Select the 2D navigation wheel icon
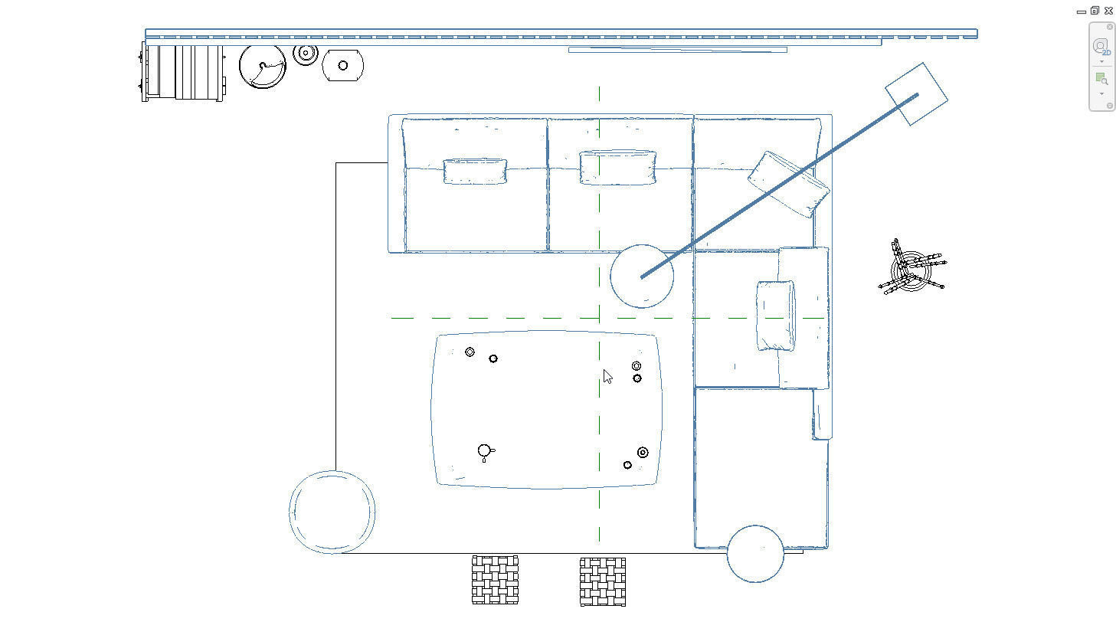1101,47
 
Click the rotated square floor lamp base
916,94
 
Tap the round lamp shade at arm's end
642,276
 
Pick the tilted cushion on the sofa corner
789,184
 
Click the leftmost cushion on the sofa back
475,172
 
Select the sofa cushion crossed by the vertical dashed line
617,168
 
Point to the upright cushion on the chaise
776,316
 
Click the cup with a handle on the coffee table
484,451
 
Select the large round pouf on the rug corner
332,512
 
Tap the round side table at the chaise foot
755,553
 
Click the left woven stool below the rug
495,580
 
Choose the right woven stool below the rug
603,581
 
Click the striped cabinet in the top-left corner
183,73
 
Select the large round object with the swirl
263,67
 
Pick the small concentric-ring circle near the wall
306,54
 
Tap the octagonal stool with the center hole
342,66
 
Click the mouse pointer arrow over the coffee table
607,376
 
